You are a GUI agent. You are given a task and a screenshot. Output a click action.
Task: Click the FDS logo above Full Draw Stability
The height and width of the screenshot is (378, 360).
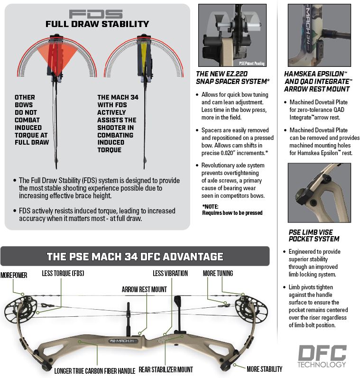(96, 14)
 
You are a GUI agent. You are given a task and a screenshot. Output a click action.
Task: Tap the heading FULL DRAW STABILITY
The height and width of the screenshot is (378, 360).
(97, 24)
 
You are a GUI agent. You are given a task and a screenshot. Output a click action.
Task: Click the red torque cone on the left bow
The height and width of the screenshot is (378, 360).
(57, 56)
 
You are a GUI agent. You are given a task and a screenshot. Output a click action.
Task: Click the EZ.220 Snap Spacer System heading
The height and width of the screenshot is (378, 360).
(233, 78)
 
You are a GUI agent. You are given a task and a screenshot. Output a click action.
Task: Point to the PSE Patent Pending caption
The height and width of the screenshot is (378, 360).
(252, 64)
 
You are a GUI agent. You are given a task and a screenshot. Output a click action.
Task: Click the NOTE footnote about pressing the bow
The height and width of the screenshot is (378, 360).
(232, 210)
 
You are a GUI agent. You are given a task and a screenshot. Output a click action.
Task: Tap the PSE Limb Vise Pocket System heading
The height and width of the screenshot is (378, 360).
(314, 236)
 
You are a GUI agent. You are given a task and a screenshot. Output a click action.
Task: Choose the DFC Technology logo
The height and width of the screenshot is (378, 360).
(323, 356)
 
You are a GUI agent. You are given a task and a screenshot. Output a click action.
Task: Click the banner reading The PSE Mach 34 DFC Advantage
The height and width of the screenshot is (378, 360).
(135, 257)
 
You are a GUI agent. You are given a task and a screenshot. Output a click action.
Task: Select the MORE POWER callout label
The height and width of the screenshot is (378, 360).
(14, 275)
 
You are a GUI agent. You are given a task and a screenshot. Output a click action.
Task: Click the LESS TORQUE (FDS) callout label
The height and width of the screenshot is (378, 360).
(63, 273)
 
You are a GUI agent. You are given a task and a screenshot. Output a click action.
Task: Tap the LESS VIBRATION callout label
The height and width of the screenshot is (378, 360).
(170, 273)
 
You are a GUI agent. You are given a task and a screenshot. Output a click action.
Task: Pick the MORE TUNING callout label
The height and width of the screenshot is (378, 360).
(218, 273)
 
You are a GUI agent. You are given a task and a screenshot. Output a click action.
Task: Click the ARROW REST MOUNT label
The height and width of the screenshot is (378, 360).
(144, 289)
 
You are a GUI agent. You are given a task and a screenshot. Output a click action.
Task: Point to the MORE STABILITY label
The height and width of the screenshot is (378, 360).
(265, 369)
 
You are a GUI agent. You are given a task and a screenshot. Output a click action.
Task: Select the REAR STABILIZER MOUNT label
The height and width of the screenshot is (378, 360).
(166, 369)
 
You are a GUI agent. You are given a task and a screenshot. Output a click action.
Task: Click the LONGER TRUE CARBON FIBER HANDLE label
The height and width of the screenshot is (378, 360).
(94, 371)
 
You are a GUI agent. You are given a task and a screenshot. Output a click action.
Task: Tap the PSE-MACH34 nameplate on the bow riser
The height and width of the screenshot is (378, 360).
(123, 341)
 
